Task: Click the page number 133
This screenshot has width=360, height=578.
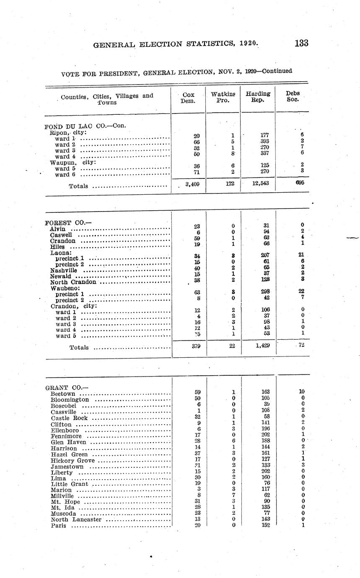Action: pos(301,43)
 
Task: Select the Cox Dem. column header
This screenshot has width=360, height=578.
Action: pos(188,98)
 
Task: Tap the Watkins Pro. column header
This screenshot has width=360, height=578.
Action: pos(223,98)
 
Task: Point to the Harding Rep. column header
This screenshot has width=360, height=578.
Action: pos(258,97)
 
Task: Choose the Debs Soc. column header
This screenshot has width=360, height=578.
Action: pos(293,97)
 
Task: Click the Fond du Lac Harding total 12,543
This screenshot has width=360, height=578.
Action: pos(258,183)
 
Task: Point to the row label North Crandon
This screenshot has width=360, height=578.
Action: pos(73,282)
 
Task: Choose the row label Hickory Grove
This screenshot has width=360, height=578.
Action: pos(73,461)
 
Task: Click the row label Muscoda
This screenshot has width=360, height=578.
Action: pos(63,514)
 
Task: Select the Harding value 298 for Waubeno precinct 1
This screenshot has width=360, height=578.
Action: pos(264,292)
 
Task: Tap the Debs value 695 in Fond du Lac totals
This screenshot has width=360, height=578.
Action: pos(300,183)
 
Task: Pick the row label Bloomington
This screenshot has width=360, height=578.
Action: pos(70,400)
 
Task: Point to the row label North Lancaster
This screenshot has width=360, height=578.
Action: pos(76,520)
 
